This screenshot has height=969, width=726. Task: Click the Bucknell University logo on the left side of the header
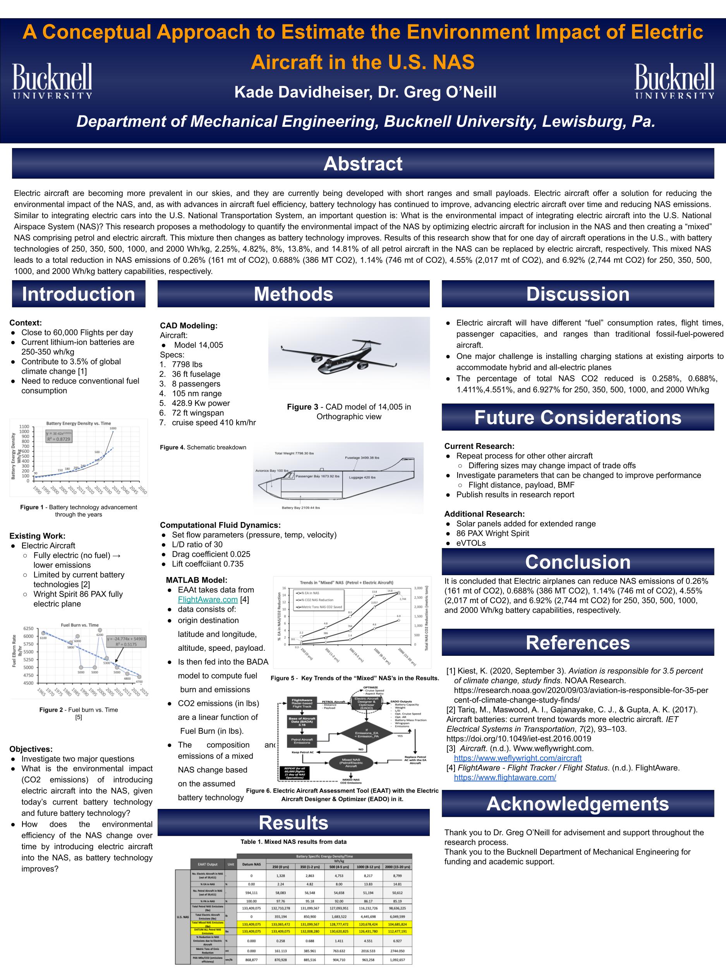click(x=52, y=81)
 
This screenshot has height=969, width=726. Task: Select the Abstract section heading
click(x=363, y=164)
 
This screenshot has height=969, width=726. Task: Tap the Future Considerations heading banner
click(x=578, y=417)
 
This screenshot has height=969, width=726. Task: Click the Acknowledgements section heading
click(x=578, y=804)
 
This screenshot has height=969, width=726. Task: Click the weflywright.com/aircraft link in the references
click(x=518, y=758)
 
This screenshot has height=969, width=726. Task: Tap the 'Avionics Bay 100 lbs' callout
click(x=272, y=471)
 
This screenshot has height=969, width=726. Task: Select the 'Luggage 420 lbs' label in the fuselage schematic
click(x=362, y=477)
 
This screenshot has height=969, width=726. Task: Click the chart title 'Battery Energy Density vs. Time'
click(x=78, y=423)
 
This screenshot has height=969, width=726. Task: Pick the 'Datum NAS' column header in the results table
click(x=252, y=864)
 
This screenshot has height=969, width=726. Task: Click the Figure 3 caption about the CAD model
click(x=349, y=411)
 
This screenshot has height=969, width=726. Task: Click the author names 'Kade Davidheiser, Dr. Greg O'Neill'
click(x=365, y=92)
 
